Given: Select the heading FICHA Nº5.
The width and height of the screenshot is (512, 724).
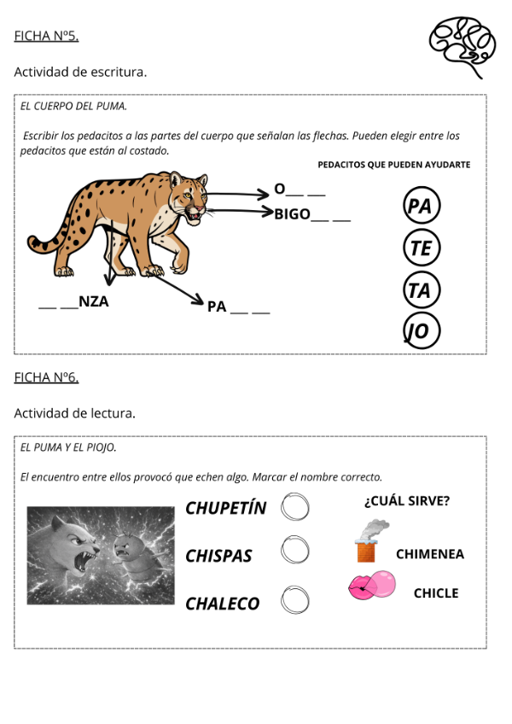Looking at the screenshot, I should click(x=46, y=36).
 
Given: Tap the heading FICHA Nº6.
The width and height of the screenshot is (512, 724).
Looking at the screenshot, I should click(x=46, y=377).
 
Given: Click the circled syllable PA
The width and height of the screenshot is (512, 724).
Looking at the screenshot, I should click(x=421, y=206).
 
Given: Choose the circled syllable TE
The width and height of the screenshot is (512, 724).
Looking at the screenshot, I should click(x=421, y=248).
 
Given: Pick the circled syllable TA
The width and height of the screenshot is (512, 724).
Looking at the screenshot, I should click(x=421, y=290).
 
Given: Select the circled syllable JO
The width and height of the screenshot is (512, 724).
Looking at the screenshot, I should click(x=421, y=331).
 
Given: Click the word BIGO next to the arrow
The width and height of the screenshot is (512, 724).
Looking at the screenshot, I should click(x=293, y=214).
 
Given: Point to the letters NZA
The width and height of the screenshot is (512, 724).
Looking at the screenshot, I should click(x=94, y=301).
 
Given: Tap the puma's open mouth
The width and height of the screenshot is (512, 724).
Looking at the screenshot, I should click(x=197, y=214).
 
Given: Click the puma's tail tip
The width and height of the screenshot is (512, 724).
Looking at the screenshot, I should click(x=33, y=244).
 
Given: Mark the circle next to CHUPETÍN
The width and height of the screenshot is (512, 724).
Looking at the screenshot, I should click(x=295, y=507).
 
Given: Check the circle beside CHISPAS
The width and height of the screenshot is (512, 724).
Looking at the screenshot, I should click(x=295, y=551).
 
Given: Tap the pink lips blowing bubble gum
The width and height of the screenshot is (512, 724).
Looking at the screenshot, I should click(x=371, y=587).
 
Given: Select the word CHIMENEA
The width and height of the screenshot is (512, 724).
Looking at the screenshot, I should click(x=430, y=554).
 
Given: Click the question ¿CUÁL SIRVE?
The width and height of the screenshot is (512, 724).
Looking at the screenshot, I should click(x=407, y=501).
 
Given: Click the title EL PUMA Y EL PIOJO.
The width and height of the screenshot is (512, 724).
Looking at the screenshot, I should click(x=68, y=447).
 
